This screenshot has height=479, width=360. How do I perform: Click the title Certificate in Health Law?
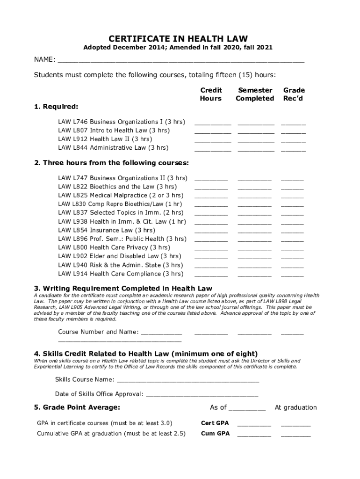pyautogui.click(x=178, y=38)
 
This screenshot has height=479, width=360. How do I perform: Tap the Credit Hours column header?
pyautogui.click(x=211, y=94)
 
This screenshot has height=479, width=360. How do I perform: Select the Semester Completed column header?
pyautogui.click(x=255, y=94)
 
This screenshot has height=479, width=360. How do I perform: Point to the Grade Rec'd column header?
pyautogui.click(x=294, y=94)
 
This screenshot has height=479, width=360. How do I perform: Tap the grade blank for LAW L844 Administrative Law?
pyautogui.click(x=293, y=150)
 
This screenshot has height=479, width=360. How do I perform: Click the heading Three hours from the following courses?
pyautogui.click(x=111, y=163)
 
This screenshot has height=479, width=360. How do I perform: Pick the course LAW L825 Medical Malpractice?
pyautogui.click(x=121, y=195)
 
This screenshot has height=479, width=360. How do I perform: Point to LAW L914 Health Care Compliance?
pyautogui.click(x=121, y=274)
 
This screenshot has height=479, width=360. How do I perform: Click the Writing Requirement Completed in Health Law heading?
pyautogui.click(x=123, y=288)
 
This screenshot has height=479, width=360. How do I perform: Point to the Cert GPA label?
pyautogui.click(x=215, y=423)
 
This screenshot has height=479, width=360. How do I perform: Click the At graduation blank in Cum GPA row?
pyautogui.click(x=295, y=435)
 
